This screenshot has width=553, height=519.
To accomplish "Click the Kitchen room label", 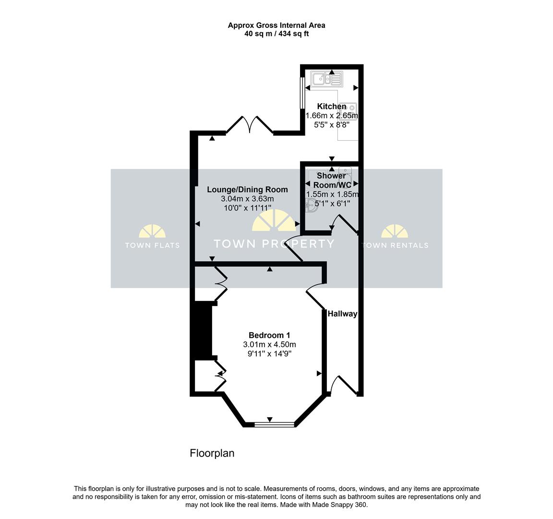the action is click(332, 106).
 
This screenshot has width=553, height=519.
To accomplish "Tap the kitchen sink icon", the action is click(327, 79).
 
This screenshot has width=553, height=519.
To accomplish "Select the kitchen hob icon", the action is click(349, 111).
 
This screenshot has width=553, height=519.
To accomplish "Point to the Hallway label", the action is click(342, 313).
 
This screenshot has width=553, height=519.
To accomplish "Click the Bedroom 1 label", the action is click(269, 335).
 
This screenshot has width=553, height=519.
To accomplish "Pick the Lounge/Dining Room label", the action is click(247, 190).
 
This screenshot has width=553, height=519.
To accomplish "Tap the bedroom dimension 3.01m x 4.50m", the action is click(269, 344).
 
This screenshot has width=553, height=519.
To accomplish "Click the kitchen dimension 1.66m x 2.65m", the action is click(332, 115).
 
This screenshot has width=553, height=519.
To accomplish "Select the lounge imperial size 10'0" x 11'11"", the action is click(247, 208).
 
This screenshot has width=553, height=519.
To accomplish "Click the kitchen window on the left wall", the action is click(302, 93).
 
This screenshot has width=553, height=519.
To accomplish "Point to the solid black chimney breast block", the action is click(203, 331).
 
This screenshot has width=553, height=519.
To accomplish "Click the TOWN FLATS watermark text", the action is click(152, 245).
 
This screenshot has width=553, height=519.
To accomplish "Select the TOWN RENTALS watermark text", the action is click(395, 245).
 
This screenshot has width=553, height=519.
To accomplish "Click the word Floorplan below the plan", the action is click(212, 453).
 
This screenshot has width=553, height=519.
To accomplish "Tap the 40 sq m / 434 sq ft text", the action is click(276, 34).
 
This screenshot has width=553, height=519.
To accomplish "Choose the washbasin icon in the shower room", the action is click(312, 205).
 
